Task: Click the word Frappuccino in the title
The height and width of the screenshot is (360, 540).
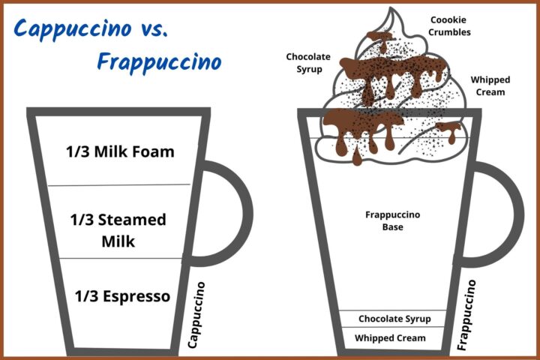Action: point(159,60)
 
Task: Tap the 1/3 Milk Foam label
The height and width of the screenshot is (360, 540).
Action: point(121,151)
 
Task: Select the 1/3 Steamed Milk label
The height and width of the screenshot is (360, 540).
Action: point(118,231)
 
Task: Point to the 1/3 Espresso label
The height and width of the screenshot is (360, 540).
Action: point(123,296)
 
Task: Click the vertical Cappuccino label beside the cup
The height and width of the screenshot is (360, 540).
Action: point(197,315)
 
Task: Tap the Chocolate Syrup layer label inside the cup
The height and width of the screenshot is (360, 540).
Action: point(394,319)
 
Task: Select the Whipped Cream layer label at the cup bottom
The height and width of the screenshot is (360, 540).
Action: point(390,338)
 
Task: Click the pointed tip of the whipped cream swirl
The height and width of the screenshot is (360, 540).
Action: point(390,10)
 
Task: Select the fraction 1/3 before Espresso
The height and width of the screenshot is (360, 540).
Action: point(87,296)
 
